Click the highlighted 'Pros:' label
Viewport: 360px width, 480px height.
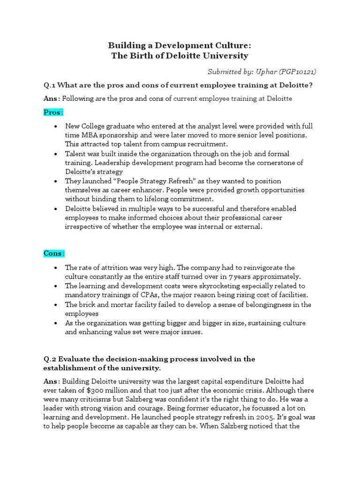[x=53, y=112]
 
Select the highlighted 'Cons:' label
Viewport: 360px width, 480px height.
[x=54, y=253]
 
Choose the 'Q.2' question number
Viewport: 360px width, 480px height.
[x=49, y=359]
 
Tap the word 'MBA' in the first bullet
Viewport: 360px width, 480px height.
[x=91, y=135]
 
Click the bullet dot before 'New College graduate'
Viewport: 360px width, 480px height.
[x=56, y=127]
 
